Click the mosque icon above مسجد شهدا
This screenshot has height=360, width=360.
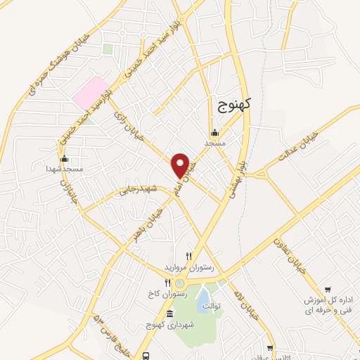[65, 159]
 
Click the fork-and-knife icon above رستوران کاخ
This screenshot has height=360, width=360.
[167, 283]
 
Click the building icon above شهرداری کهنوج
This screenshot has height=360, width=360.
[172, 312]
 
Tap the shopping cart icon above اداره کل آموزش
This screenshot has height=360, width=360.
[328, 290]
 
